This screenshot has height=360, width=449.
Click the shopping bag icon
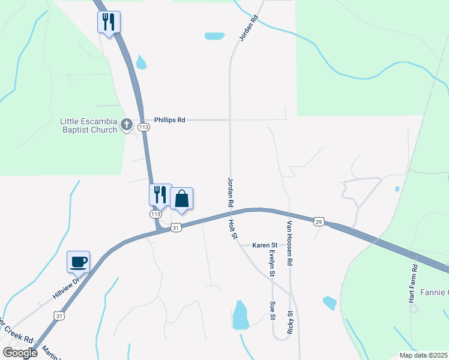(x=182, y=199)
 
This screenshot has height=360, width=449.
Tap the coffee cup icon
(x=79, y=262)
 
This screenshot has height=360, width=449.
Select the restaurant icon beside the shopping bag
(x=160, y=194)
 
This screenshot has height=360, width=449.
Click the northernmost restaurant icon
(x=109, y=22)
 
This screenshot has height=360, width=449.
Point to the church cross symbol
(x=126, y=124)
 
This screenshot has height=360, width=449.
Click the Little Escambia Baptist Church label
(x=88, y=125)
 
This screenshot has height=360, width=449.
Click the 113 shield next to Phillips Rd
(x=143, y=127)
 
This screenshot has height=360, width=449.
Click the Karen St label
(x=265, y=245)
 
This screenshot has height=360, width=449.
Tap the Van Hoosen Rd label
(x=289, y=243)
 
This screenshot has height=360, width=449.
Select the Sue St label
(x=273, y=310)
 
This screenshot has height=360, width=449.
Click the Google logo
(x=20, y=352)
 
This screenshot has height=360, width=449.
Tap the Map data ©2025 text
(x=423, y=355)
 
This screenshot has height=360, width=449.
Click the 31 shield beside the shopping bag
(x=175, y=228)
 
